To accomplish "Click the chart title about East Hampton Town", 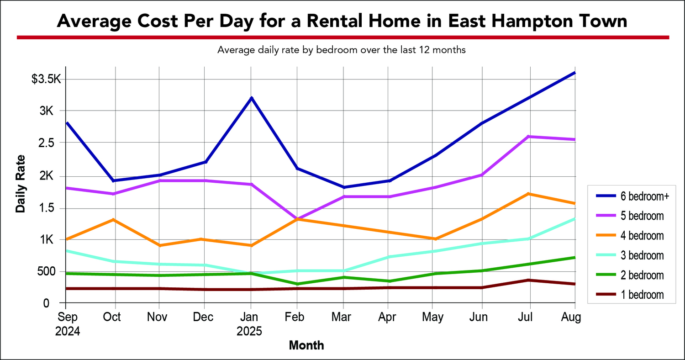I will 342,21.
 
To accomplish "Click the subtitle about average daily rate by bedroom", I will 342,50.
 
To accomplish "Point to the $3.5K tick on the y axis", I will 46,79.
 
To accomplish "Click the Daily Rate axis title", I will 21,184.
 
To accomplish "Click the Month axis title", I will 306,345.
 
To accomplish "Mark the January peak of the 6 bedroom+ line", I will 251,98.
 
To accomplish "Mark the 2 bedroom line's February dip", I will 297,284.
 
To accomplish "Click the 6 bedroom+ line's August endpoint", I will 574,73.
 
